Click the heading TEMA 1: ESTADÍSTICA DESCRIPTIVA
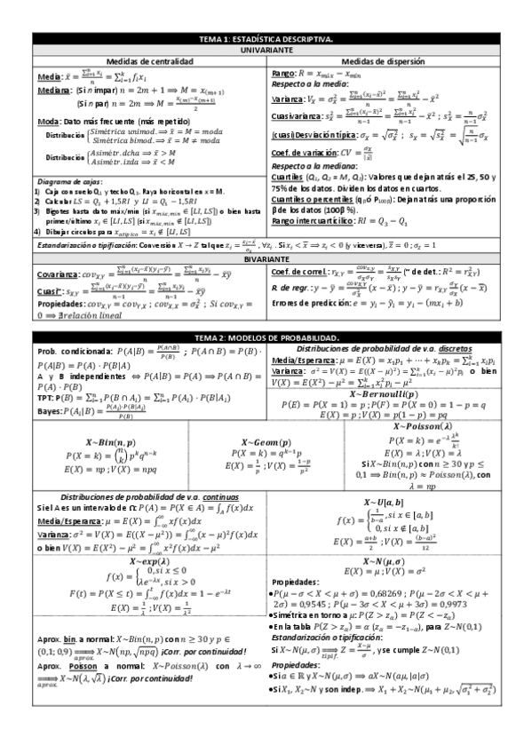pos(266,40)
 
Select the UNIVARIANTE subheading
pos(266,51)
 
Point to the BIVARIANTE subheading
pos(266,258)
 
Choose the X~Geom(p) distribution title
pos(266,441)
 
